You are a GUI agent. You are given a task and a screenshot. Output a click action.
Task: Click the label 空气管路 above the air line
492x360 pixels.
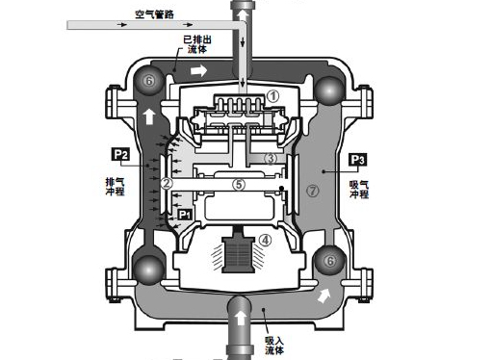pos(154,14)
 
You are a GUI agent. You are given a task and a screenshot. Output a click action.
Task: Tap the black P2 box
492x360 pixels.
pos(120,155)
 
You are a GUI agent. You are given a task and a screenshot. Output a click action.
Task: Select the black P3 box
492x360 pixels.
pos(358,160)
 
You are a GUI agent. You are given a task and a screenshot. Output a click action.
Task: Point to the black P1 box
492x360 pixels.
pos(184,215)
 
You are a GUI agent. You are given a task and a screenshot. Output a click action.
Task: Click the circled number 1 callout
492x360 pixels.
pos(273,96)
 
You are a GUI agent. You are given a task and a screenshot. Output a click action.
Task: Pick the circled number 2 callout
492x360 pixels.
pos(167,184)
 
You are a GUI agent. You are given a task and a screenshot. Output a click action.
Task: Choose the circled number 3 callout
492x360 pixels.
pos(271,158)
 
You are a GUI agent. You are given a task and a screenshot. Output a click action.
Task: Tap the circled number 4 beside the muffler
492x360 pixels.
pos(265,240)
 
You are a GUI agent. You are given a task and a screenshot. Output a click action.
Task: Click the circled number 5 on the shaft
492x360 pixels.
pos(239,185)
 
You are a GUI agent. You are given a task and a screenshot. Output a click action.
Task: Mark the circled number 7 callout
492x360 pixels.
pos(313,191)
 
